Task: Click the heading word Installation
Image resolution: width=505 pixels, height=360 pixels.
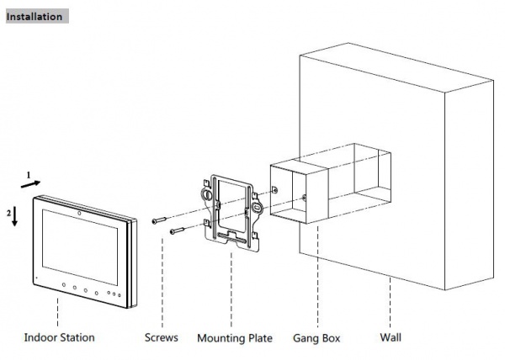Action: click(x=35, y=16)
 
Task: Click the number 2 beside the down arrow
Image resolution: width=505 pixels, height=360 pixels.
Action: click(x=8, y=213)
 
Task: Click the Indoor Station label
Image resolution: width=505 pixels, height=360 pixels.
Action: click(x=59, y=338)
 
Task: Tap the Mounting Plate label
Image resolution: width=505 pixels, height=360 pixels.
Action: click(x=235, y=338)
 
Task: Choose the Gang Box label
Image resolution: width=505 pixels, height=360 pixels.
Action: click(x=316, y=338)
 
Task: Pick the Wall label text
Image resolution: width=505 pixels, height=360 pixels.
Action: click(x=390, y=338)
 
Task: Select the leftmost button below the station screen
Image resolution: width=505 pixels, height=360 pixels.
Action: click(x=63, y=286)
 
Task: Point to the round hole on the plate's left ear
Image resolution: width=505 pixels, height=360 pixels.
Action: click(x=205, y=193)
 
